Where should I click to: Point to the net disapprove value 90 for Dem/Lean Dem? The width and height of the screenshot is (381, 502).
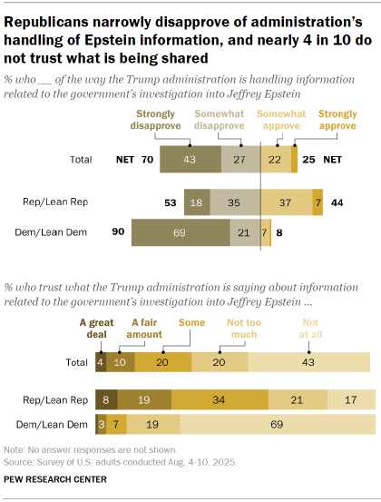click(118, 233)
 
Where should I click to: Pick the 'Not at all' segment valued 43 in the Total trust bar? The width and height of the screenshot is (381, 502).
click(309, 361)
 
